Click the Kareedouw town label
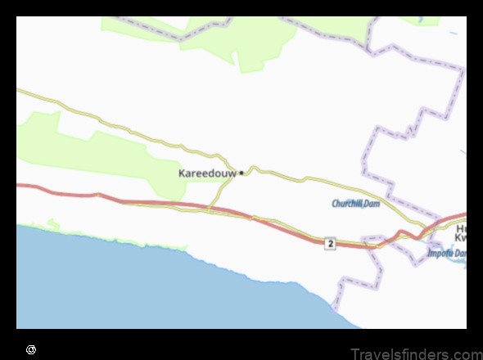point(207,173)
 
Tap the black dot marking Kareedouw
point(241,173)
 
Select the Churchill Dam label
point(355,203)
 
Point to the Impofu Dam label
point(446,253)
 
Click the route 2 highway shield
point(329,244)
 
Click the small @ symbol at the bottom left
point(31,349)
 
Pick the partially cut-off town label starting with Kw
point(461,239)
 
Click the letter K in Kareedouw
point(182,173)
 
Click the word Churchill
point(346,203)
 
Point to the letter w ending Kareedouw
point(232,173)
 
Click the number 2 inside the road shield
point(329,244)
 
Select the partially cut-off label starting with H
point(461,228)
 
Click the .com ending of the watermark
point(466,353)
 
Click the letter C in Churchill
point(334,203)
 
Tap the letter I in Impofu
point(429,253)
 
